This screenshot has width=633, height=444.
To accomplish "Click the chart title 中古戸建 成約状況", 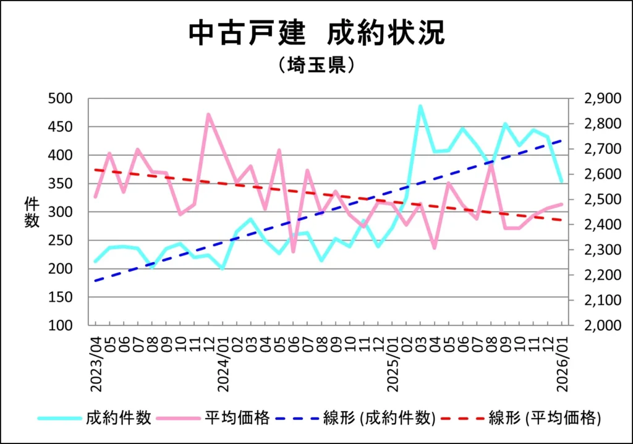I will pos(316,33).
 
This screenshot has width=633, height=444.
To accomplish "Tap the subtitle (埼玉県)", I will pos(316,65).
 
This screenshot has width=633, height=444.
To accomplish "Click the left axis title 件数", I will pos(32,211).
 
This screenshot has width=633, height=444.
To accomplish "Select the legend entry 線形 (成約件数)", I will pos(380,418).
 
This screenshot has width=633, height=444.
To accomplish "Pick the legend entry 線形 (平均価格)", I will pos(545,418).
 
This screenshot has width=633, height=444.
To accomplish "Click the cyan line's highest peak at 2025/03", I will pos(420,106).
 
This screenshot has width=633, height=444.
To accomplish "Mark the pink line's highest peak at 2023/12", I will pos(208,114).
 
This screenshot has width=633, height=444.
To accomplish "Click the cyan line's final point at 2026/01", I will pos(561,182).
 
